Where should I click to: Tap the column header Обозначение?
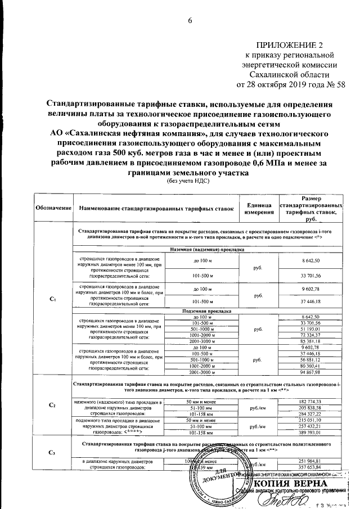point(52,208)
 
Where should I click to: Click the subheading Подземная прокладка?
point(205,310)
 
